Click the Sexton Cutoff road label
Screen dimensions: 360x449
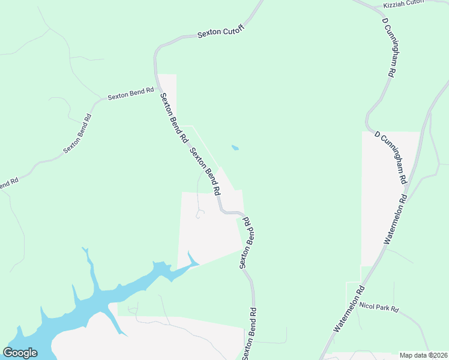coord(221,35)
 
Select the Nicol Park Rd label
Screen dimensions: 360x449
coord(379,308)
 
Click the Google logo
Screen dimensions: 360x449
coord(20,353)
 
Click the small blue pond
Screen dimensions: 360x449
coord(235,148)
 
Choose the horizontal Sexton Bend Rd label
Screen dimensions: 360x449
coord(130,96)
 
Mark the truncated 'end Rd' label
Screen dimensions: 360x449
coord(8,183)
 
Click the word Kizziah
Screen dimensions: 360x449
coord(395,4)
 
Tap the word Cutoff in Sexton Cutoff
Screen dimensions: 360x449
coord(233,33)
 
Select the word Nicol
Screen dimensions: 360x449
coord(367,306)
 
